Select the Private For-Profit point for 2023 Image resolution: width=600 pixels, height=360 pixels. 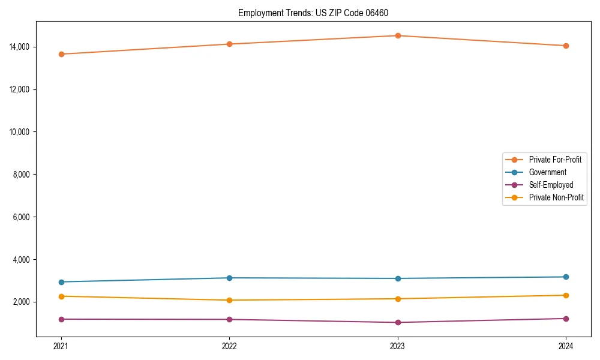pos(398,35)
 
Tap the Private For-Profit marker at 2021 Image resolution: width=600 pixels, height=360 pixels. pos(61,54)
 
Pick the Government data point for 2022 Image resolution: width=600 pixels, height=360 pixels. pos(229,278)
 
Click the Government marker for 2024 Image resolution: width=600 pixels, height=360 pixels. pos(566,277)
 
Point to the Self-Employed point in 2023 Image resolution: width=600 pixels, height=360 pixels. pos(398,322)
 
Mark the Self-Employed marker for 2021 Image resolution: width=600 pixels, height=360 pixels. pos(61,319)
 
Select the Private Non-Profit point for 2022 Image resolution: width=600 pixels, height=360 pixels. pos(229,300)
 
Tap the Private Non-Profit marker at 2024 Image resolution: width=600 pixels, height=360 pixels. pos(566,295)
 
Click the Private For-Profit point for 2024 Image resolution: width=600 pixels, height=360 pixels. pos(566,46)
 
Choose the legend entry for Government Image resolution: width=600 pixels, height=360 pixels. pos(547,172)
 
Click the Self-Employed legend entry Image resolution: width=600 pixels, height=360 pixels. pos(551,185)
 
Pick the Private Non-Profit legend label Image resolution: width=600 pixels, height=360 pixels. pos(556,197)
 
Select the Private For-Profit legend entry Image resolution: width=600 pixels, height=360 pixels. pos(555,160)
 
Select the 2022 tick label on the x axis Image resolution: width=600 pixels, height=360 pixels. pos(229,346)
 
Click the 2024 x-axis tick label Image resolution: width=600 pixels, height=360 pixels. pos(566,346)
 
